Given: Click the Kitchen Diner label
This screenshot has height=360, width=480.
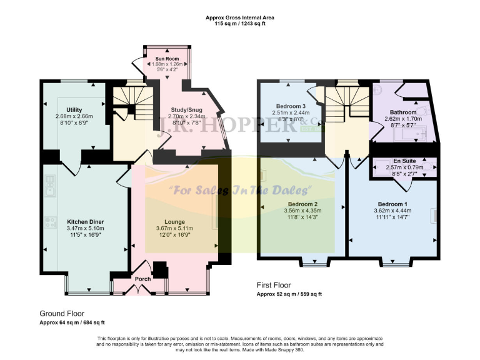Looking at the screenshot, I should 85,222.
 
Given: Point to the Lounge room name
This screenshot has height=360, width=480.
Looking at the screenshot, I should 174,222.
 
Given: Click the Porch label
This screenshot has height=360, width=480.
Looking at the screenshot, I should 142,279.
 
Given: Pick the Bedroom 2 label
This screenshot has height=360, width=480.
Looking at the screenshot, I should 302,204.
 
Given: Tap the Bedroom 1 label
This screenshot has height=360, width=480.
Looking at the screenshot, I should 394,204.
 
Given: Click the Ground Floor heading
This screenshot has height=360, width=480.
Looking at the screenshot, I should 62,314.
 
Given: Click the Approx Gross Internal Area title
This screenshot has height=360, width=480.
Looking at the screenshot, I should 240,17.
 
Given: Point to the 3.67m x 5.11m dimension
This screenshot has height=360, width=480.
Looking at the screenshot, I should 174,229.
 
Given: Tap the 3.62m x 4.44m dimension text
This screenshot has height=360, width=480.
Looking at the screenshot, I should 394,211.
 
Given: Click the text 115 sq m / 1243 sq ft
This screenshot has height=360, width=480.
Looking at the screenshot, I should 240,24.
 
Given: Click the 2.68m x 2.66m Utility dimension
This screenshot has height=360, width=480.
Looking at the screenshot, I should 74,116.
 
